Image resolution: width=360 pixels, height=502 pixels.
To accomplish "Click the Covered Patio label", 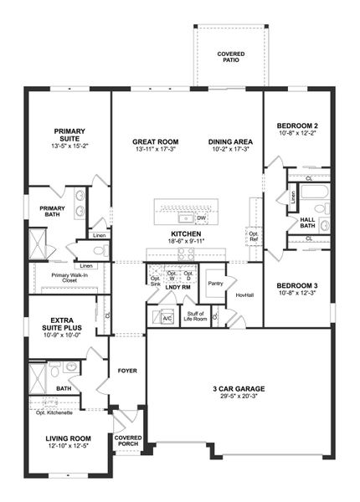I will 230,56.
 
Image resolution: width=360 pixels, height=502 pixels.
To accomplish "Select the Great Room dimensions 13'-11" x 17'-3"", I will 152,149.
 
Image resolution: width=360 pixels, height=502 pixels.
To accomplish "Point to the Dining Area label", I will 230,141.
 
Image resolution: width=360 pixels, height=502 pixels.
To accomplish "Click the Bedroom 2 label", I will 297,125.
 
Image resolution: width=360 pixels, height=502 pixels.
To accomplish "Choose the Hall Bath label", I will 306,222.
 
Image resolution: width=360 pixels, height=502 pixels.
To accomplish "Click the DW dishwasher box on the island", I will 201,218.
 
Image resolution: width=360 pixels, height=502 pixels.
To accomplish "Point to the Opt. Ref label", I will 254,236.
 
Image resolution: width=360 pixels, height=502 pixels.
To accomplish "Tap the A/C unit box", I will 166,318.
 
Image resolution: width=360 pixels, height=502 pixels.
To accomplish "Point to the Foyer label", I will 127,370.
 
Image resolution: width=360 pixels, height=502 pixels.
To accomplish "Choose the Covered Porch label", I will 128,441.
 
